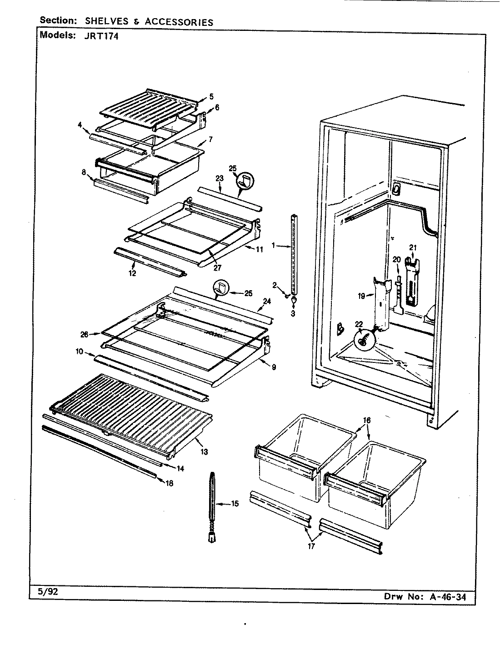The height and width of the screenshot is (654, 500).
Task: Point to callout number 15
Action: point(235,504)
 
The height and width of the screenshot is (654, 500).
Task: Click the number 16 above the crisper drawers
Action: point(366,420)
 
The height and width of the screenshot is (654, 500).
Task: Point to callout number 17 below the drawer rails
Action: point(311,546)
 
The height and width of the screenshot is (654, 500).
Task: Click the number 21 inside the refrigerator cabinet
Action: point(413,248)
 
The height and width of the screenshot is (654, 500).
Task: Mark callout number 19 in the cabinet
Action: point(361,296)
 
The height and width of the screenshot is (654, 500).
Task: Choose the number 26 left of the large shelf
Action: point(84,335)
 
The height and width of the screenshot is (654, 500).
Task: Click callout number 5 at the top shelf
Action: point(211,96)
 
